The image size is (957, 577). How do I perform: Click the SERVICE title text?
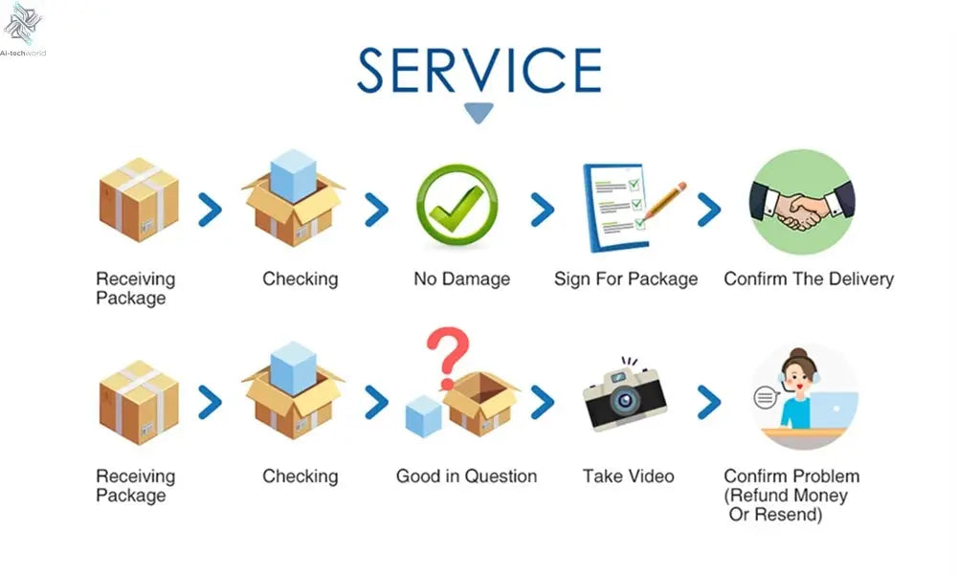point(478,70)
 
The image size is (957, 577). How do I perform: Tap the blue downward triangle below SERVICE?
point(478,113)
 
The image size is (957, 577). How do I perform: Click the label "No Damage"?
point(461,279)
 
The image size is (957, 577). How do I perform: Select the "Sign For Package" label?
point(626,279)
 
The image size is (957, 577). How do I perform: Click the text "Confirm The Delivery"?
point(809,279)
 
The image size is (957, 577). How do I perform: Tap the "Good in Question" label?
point(466,477)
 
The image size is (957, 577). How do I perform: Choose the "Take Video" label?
point(628,477)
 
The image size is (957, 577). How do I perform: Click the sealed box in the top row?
point(139,201)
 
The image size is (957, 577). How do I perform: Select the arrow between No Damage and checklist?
point(543,209)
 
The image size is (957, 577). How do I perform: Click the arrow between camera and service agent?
point(708,402)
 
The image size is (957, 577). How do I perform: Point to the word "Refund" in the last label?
point(762,496)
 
